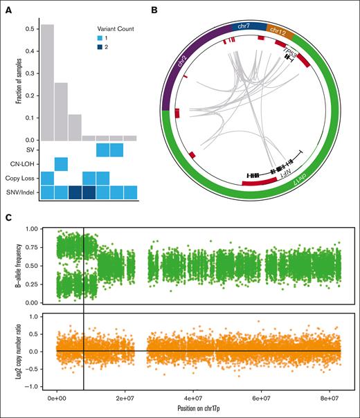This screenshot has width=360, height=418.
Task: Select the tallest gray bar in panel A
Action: click(x=48, y=83)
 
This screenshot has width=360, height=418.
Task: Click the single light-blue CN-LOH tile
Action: click(x=61, y=164)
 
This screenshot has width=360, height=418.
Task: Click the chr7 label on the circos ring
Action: click(x=244, y=26)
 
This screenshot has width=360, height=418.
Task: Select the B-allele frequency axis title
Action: click(x=27, y=266)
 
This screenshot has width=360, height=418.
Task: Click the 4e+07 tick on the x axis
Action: click(x=193, y=399)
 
